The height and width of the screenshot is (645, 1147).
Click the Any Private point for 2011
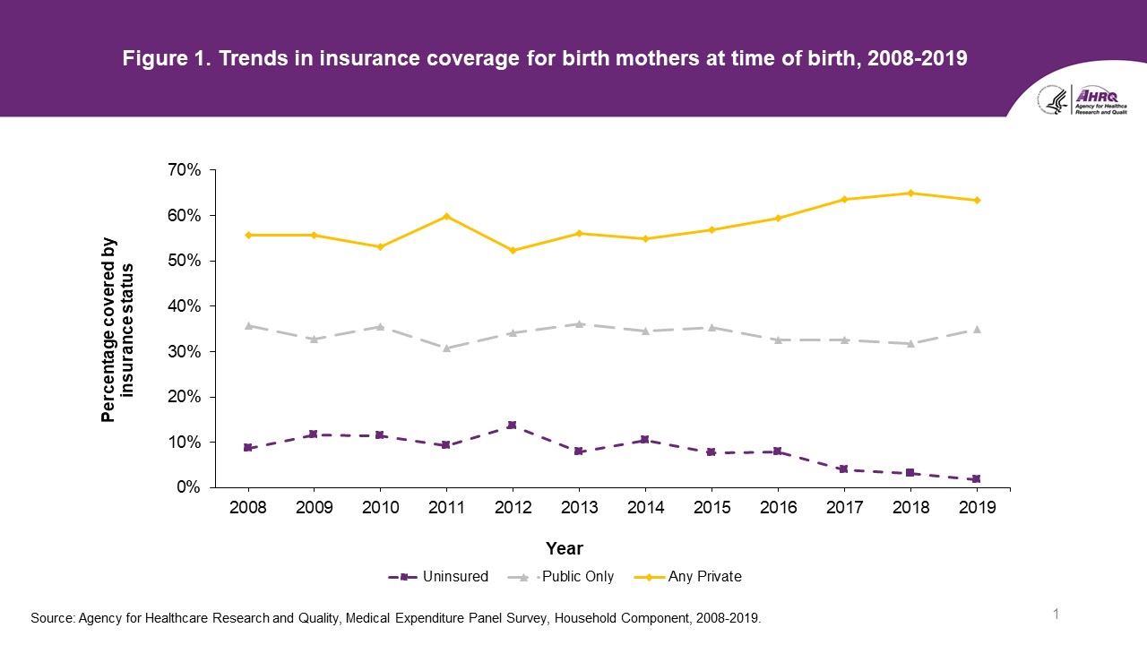[446, 216]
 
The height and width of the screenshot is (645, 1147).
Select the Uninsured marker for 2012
[513, 425]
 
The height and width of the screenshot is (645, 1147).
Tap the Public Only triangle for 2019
[977, 330]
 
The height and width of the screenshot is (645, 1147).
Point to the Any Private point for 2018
[910, 193]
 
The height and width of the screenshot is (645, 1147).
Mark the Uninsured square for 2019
[977, 479]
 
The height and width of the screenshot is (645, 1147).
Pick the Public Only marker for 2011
[446, 348]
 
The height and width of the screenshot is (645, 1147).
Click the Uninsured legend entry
[439, 577]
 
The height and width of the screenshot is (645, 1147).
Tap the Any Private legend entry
[690, 577]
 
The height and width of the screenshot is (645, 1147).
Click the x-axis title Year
[565, 548]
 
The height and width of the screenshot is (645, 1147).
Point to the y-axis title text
[117, 329]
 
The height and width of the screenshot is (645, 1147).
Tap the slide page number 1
[1056, 614]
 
